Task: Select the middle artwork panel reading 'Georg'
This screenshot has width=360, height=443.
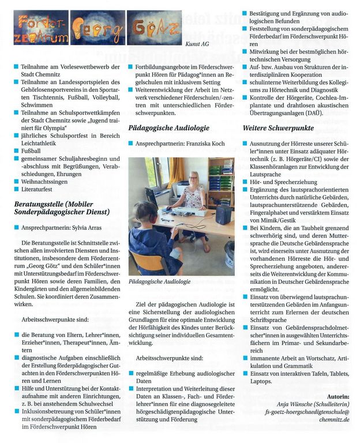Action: [x=97, y=28]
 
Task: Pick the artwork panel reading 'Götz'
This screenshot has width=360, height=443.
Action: [x=154, y=28]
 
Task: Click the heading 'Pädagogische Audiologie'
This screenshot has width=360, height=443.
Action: [x=168, y=127]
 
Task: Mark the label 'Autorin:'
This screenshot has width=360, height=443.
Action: [x=337, y=397]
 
